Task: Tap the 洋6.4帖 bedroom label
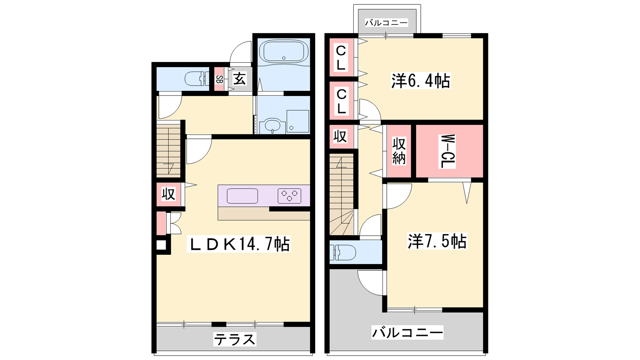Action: pos(420,81)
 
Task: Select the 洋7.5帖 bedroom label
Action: pos(437,241)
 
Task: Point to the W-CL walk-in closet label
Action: pos(448,152)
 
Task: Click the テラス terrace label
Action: pos(234,340)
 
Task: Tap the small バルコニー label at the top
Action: pos(386,22)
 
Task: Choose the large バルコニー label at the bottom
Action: pos(407,332)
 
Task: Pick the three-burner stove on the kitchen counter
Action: pos(290,196)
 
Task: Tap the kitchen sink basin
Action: pos(242,196)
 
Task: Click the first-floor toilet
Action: pos(197,78)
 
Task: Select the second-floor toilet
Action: pos(342,252)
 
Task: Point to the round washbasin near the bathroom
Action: pos(272,125)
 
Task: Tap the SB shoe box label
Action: pos(219,79)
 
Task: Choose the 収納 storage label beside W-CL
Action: pos(399,151)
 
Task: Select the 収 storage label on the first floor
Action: pos(168,194)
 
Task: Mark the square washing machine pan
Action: pos(298,121)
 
